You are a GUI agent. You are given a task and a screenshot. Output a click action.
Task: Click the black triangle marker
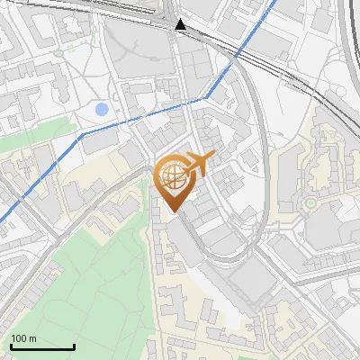tap(181, 24)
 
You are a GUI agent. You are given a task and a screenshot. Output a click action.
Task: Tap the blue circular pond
tap(102, 110)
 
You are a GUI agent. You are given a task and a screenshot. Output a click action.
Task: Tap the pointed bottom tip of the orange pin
tap(175, 212)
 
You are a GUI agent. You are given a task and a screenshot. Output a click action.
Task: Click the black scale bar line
tap(42, 346)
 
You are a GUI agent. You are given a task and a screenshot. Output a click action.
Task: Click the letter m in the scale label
tap(32, 338)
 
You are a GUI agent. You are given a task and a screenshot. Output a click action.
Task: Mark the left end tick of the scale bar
tap(11, 346)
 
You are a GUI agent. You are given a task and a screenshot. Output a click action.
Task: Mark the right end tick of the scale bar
tap(74, 346)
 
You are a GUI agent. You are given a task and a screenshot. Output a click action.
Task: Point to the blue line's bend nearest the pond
tap(84, 133)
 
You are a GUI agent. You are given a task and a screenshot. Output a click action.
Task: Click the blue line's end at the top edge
tap(275, 2)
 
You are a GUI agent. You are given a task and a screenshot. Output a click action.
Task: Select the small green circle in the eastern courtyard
tap(311, 203)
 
